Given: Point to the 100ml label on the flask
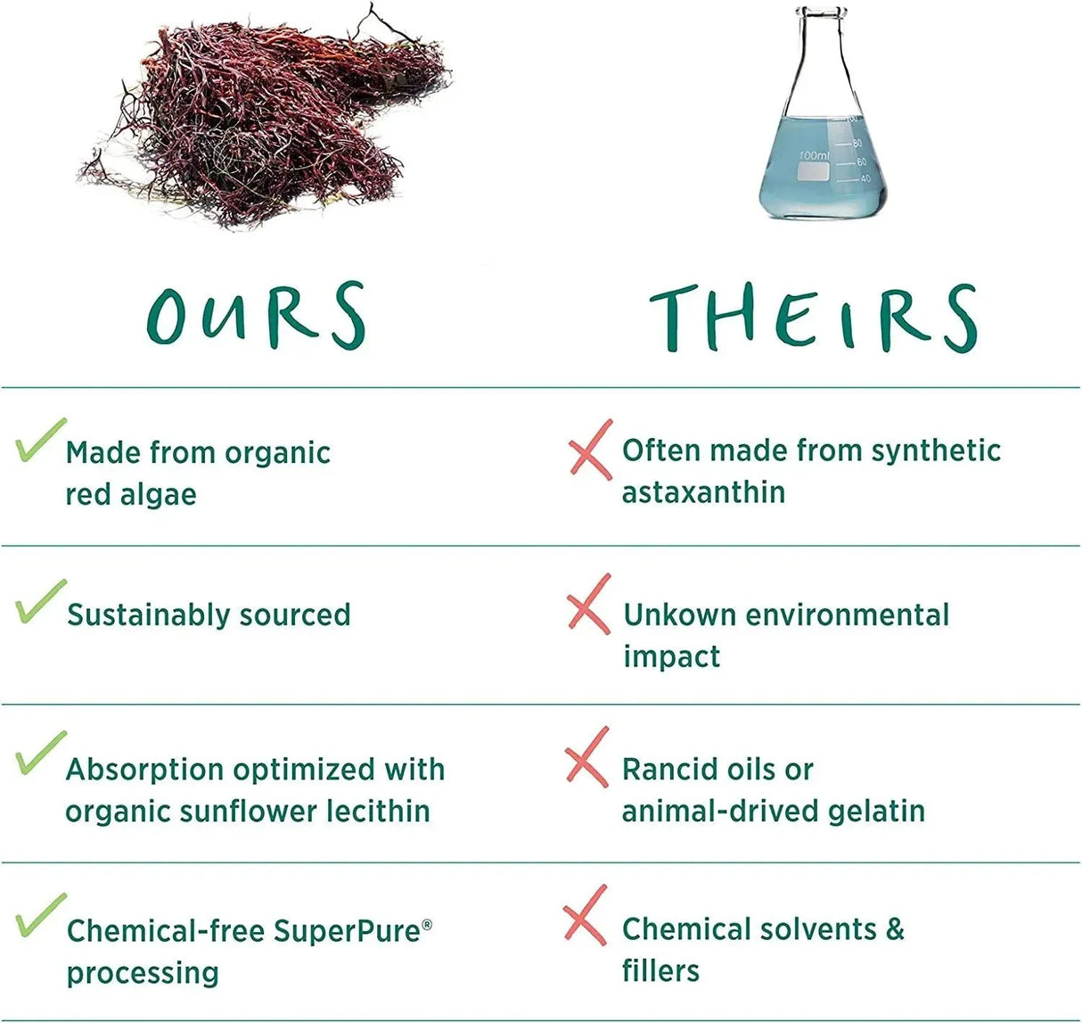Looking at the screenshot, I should pyautogui.click(x=814, y=156).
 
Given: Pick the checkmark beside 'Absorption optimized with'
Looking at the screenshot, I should pyautogui.click(x=40, y=754).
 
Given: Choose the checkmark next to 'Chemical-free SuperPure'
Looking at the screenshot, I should pyautogui.click(x=40, y=915).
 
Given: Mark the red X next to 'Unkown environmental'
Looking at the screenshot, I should pyautogui.click(x=589, y=604).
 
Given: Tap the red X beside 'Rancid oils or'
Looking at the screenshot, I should pyautogui.click(x=586, y=757).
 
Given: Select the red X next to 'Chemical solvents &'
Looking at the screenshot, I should pyautogui.click(x=585, y=915).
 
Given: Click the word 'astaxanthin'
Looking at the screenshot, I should pyautogui.click(x=703, y=492).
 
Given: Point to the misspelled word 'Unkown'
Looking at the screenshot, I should pyautogui.click(x=680, y=615).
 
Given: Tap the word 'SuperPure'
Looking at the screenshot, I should pyautogui.click(x=347, y=931).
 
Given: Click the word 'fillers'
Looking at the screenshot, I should pyautogui.click(x=660, y=970).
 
